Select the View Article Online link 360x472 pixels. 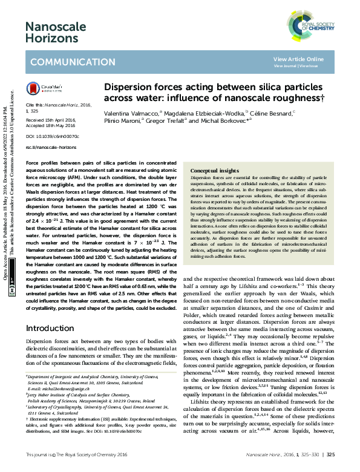pyautogui.click(x=298, y=59)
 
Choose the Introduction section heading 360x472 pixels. pyautogui.click(x=49, y=328)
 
